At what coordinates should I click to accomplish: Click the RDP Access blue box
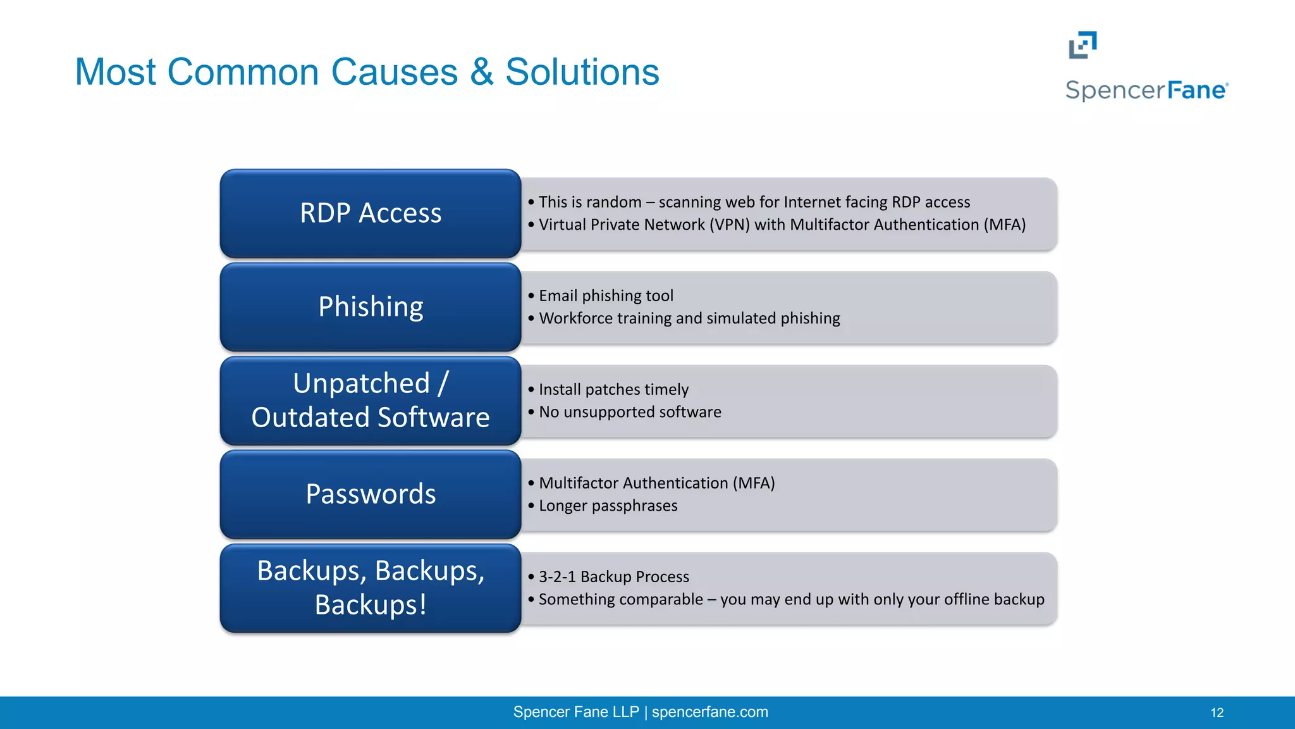[371, 213]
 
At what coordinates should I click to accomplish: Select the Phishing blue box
[371, 307]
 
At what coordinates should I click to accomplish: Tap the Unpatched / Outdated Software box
[371, 401]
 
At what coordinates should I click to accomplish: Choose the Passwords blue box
[371, 494]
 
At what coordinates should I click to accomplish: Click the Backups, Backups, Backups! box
[371, 588]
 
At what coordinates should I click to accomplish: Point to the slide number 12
[1217, 713]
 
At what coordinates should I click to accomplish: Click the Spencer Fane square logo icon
[1083, 45]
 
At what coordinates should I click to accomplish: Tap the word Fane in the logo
[1196, 90]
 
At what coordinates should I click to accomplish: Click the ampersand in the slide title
[481, 72]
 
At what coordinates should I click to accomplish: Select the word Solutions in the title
[582, 72]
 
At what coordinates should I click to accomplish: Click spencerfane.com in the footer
[709, 712]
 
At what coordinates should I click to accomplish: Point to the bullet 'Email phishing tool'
[605, 296]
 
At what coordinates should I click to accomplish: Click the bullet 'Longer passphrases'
[608, 506]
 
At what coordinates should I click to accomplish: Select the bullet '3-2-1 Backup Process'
[613, 576]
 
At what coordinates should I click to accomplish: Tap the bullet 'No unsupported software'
[629, 412]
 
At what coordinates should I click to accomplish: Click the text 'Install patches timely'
[613, 389]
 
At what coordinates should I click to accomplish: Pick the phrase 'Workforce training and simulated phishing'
[689, 318]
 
